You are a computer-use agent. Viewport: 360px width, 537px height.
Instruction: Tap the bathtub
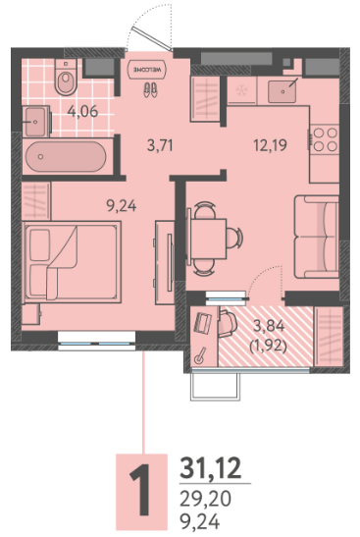(66, 157)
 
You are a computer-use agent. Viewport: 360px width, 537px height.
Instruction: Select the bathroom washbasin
(36, 121)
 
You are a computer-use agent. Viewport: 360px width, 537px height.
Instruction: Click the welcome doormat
(147, 70)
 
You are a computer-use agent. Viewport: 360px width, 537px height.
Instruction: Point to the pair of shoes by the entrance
(150, 89)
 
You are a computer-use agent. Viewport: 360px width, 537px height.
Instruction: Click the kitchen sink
(283, 90)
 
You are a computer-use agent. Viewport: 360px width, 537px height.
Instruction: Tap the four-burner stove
(325, 139)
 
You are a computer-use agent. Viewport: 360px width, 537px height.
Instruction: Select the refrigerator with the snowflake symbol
(242, 90)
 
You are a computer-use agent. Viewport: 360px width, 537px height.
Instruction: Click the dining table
(208, 239)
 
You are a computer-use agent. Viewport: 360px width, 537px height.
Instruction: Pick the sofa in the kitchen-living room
(317, 237)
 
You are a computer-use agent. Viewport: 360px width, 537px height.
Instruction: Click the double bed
(72, 262)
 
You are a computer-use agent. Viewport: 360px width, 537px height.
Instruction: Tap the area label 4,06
(82, 112)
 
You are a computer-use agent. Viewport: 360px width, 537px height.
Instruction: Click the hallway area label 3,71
(160, 146)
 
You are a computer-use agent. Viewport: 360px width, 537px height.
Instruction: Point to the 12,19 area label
(270, 145)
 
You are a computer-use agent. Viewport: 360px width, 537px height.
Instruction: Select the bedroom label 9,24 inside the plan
(121, 206)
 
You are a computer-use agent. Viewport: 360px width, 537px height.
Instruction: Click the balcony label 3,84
(269, 326)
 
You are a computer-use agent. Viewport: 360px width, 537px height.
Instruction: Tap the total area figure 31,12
(211, 468)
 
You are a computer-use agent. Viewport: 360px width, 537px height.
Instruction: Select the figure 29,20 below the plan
(206, 499)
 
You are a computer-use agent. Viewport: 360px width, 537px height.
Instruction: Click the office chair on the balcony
(228, 323)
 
